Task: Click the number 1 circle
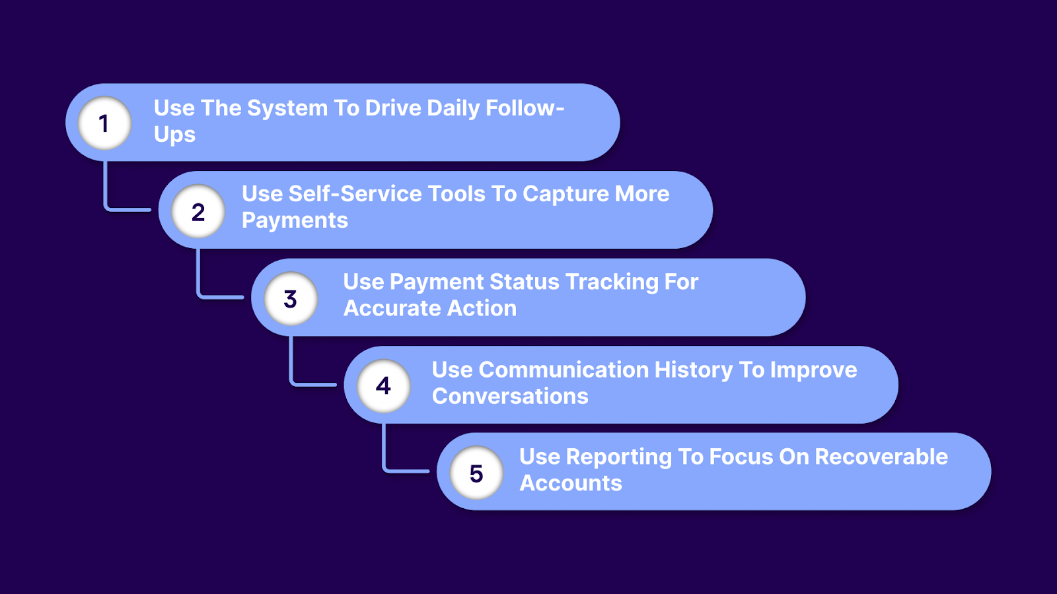click(x=104, y=123)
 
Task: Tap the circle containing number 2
click(x=198, y=211)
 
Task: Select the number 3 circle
click(x=291, y=298)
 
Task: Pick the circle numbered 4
click(x=384, y=385)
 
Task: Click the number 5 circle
click(x=476, y=473)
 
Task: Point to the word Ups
click(x=174, y=135)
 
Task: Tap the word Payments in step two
click(x=295, y=220)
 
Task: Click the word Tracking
click(x=612, y=282)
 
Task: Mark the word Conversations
click(x=510, y=396)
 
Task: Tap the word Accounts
click(x=571, y=483)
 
